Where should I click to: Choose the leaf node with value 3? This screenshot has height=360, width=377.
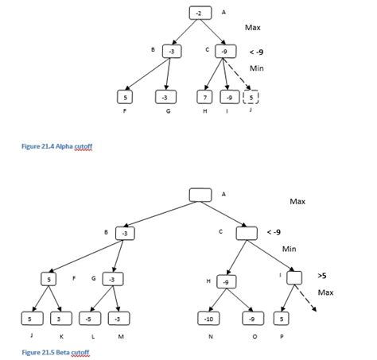pyautogui.click(x=60, y=319)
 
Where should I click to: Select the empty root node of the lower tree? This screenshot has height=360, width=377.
pyautogui.click(x=200, y=194)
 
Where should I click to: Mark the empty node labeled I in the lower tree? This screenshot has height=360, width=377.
pyautogui.click(x=293, y=278)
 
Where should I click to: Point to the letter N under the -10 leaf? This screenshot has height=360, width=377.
pyautogui.click(x=209, y=337)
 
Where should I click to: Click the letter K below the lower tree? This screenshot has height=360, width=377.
pyautogui.click(x=60, y=337)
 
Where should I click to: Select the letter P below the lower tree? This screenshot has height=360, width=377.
pyautogui.click(x=282, y=337)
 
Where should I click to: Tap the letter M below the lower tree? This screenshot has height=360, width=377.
pyautogui.click(x=120, y=337)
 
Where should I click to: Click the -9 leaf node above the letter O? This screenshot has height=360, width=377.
pyautogui.click(x=252, y=319)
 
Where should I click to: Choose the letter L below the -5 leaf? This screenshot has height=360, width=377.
pyautogui.click(x=92, y=337)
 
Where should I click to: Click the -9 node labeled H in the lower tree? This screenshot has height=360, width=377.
pyautogui.click(x=227, y=281)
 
